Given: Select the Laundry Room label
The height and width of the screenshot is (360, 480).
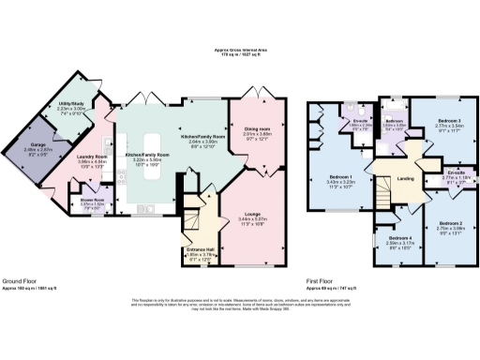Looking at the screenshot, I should pos(92,157).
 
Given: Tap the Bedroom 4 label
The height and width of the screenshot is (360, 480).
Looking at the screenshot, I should pos(401,239).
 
